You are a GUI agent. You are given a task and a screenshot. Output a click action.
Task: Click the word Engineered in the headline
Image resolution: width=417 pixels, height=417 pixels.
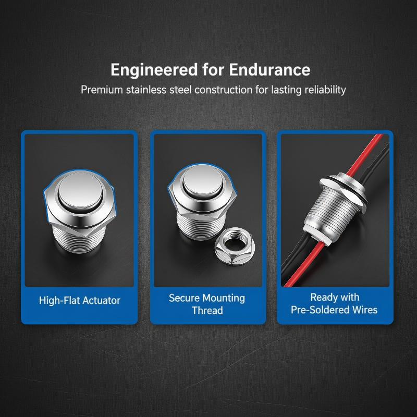(154, 70)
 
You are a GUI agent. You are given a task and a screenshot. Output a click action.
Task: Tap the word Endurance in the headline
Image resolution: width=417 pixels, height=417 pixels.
(269, 70)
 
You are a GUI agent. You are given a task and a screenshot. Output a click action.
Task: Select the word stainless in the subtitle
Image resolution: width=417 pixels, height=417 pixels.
(146, 90)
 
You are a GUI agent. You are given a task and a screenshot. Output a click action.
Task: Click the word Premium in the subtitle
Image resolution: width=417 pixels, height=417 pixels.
(102, 90)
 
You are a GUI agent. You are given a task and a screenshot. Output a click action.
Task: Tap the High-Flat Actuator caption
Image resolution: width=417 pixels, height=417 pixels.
(80, 301)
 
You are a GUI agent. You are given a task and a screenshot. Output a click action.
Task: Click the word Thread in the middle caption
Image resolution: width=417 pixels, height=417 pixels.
(207, 310)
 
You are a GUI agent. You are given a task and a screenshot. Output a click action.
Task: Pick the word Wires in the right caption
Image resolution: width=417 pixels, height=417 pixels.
(364, 310)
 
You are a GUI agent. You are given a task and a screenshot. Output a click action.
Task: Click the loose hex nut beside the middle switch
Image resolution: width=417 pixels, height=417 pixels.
(235, 247)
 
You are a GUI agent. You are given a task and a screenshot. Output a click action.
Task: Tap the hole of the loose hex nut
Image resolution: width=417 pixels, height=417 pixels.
(235, 243)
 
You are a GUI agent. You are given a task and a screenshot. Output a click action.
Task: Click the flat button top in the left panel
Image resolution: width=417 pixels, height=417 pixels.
(81, 190)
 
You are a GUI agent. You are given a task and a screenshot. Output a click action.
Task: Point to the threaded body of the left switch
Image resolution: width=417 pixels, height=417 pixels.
(79, 239)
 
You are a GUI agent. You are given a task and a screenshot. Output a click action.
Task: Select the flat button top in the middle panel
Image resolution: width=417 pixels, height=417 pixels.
(203, 179)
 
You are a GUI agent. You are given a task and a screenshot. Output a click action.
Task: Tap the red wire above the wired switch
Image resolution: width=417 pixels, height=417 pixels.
(364, 154)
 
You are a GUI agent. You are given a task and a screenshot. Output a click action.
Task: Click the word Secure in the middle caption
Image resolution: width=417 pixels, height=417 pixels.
(184, 298)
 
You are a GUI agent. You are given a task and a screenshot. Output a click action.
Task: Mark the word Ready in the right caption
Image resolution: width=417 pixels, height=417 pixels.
(321, 297)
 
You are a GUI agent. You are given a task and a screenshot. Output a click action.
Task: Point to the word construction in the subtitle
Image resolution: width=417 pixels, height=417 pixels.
(224, 90)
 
